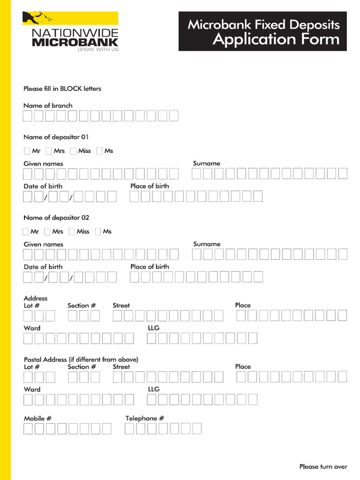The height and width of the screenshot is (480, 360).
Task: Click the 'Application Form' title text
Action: (276, 39)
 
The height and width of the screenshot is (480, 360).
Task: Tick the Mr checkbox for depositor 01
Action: (27, 151)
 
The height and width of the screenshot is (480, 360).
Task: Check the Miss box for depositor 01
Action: (74, 151)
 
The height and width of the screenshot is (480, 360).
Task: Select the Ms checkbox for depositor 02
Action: (98, 232)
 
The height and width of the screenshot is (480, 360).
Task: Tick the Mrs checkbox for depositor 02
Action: (47, 232)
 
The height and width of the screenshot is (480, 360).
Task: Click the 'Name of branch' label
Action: (48, 105)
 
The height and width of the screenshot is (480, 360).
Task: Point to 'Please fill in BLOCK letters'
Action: (62, 89)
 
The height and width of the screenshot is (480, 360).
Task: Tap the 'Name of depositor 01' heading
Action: (56, 137)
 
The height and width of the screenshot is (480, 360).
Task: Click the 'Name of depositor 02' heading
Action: (56, 218)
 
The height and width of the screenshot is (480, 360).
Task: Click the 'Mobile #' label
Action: (37, 418)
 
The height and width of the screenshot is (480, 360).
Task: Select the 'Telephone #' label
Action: (144, 418)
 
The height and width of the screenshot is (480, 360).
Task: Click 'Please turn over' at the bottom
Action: (323, 466)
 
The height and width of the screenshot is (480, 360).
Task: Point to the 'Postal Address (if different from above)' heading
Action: (81, 360)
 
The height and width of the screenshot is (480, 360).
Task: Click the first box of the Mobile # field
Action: (29, 428)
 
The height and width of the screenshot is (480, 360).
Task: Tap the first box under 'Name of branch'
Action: (29, 116)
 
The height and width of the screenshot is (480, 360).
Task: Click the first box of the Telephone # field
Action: (130, 428)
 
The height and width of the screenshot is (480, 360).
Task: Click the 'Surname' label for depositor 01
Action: (207, 164)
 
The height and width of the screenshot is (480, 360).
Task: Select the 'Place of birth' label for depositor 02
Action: (150, 267)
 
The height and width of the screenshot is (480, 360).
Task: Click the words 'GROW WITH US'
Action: (98, 49)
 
